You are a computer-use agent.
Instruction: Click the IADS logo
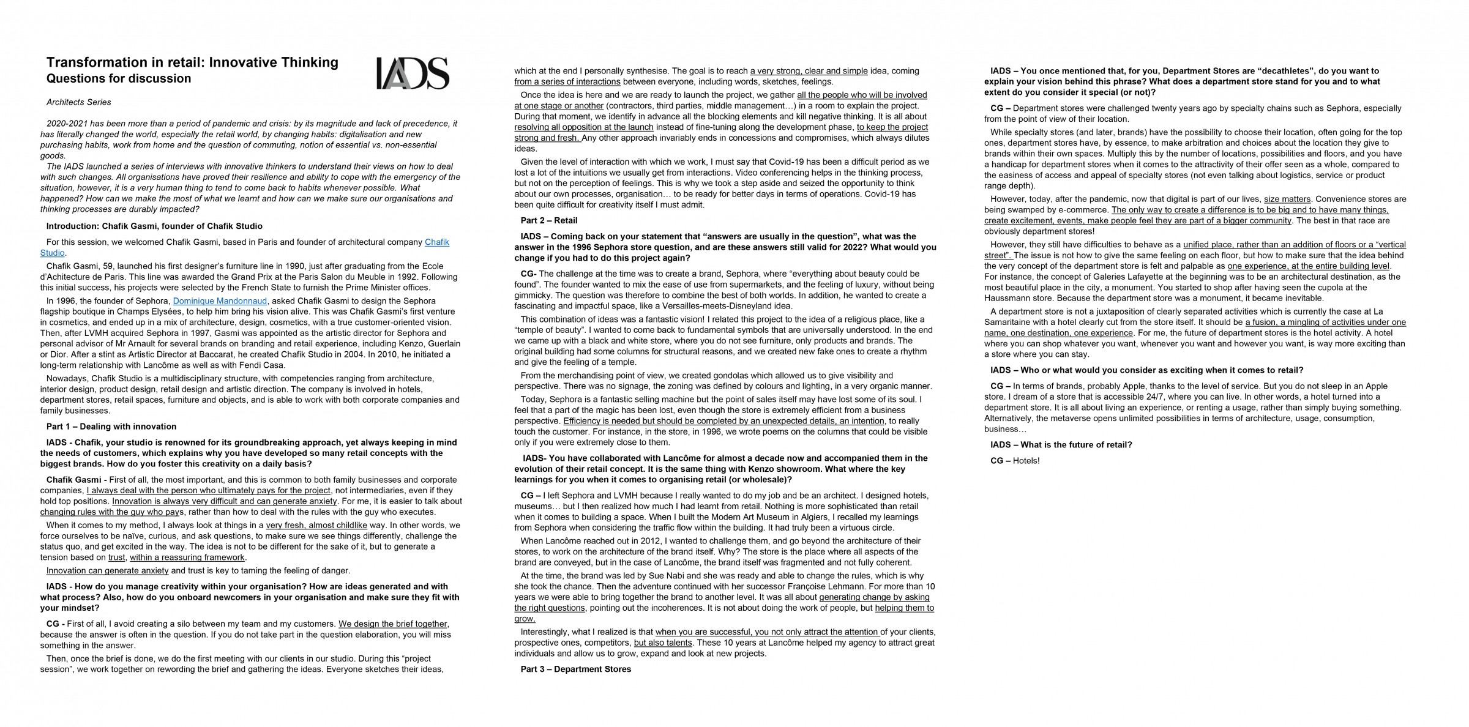(412, 73)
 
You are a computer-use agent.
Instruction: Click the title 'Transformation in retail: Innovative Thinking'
(192, 62)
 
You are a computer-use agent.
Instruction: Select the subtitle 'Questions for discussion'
(119, 79)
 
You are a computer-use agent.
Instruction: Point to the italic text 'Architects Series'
(79, 102)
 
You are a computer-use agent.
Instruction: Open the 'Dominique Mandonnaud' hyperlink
(220, 301)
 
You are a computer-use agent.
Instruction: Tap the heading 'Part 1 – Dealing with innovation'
(111, 427)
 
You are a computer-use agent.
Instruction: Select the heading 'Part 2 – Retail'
(548, 220)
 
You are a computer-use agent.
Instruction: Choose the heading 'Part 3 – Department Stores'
(575, 669)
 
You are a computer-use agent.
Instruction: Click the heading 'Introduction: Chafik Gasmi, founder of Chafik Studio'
(154, 226)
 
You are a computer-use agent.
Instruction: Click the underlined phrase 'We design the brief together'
(393, 624)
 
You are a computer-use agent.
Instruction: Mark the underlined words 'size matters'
(1287, 199)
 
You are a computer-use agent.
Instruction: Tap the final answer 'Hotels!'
(1026, 461)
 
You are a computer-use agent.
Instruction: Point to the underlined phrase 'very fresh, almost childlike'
(316, 525)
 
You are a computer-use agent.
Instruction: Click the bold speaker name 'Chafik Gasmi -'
(77, 480)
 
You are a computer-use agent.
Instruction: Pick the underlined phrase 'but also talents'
(662, 643)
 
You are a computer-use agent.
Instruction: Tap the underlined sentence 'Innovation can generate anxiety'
(107, 571)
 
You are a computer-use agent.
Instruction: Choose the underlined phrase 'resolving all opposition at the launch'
(584, 127)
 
